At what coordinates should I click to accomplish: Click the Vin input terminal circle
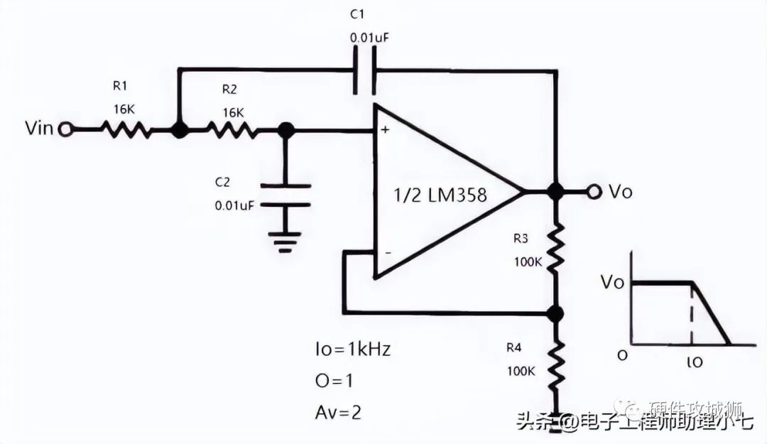(66, 130)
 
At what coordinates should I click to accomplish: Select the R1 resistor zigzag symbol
(125, 130)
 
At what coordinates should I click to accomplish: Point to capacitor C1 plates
(364, 71)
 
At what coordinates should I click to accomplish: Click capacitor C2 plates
(285, 195)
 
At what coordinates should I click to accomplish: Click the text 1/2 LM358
(440, 195)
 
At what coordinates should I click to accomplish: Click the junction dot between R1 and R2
(180, 130)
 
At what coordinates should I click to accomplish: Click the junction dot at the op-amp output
(556, 191)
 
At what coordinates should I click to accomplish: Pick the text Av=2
(337, 411)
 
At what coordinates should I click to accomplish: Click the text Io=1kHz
(352, 350)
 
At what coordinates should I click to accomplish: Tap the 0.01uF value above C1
(368, 36)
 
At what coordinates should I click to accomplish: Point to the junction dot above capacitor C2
(285, 130)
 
